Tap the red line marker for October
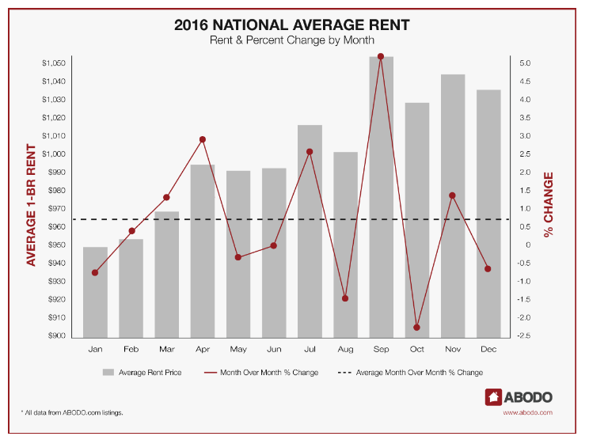(417, 328)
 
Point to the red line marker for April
(203, 139)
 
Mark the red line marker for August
(345, 298)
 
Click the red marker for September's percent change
(381, 57)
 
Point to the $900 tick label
(55, 336)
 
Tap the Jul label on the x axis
(310, 349)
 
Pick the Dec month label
(488, 349)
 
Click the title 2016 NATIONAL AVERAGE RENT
(291, 25)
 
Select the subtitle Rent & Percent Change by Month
(291, 40)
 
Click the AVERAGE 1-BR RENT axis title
(32, 204)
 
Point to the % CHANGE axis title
(549, 204)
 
